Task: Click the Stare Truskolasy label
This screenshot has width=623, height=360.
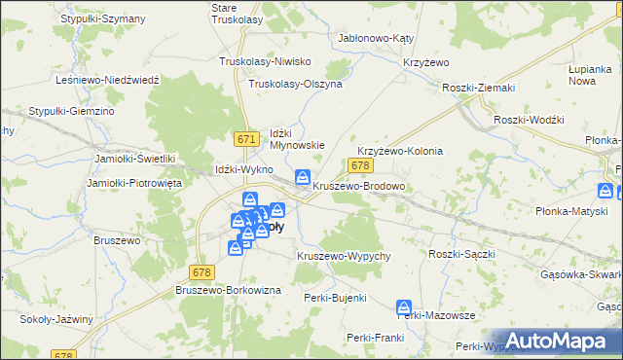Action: [x=237, y=13]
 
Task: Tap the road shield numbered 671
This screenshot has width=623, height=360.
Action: [x=246, y=140]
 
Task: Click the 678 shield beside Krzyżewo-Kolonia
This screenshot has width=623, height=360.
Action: [x=359, y=167]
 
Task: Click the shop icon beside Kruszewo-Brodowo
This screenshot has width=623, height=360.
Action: [x=303, y=177]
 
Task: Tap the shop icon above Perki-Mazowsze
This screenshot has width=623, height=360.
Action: [x=404, y=307]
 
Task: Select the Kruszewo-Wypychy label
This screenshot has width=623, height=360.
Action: [x=344, y=255]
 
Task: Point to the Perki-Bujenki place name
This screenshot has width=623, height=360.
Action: [x=335, y=297]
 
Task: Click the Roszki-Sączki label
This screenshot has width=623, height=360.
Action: [x=462, y=253]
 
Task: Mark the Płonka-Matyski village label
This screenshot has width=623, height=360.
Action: [x=571, y=210]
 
